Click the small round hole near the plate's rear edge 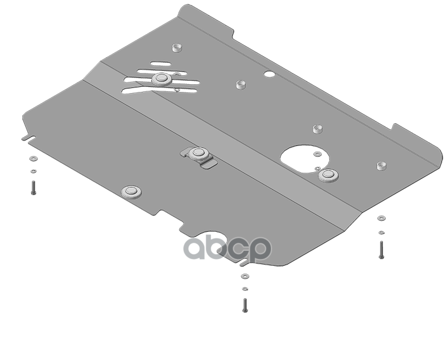(269, 74)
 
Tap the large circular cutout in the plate (304, 159)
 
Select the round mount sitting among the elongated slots (161, 79)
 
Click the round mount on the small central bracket (198, 154)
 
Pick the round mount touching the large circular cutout (328, 175)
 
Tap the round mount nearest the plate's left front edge (131, 192)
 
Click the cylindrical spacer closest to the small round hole (241, 85)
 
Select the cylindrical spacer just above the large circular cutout (317, 129)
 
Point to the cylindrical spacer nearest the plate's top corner (177, 47)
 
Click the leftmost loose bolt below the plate (33, 188)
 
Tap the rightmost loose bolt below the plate (381, 250)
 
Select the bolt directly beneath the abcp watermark (245, 305)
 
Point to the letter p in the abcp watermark (259, 250)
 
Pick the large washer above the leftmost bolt (33, 158)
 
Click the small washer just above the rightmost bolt (381, 232)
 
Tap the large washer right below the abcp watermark (245, 276)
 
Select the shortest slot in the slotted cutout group (161, 64)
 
